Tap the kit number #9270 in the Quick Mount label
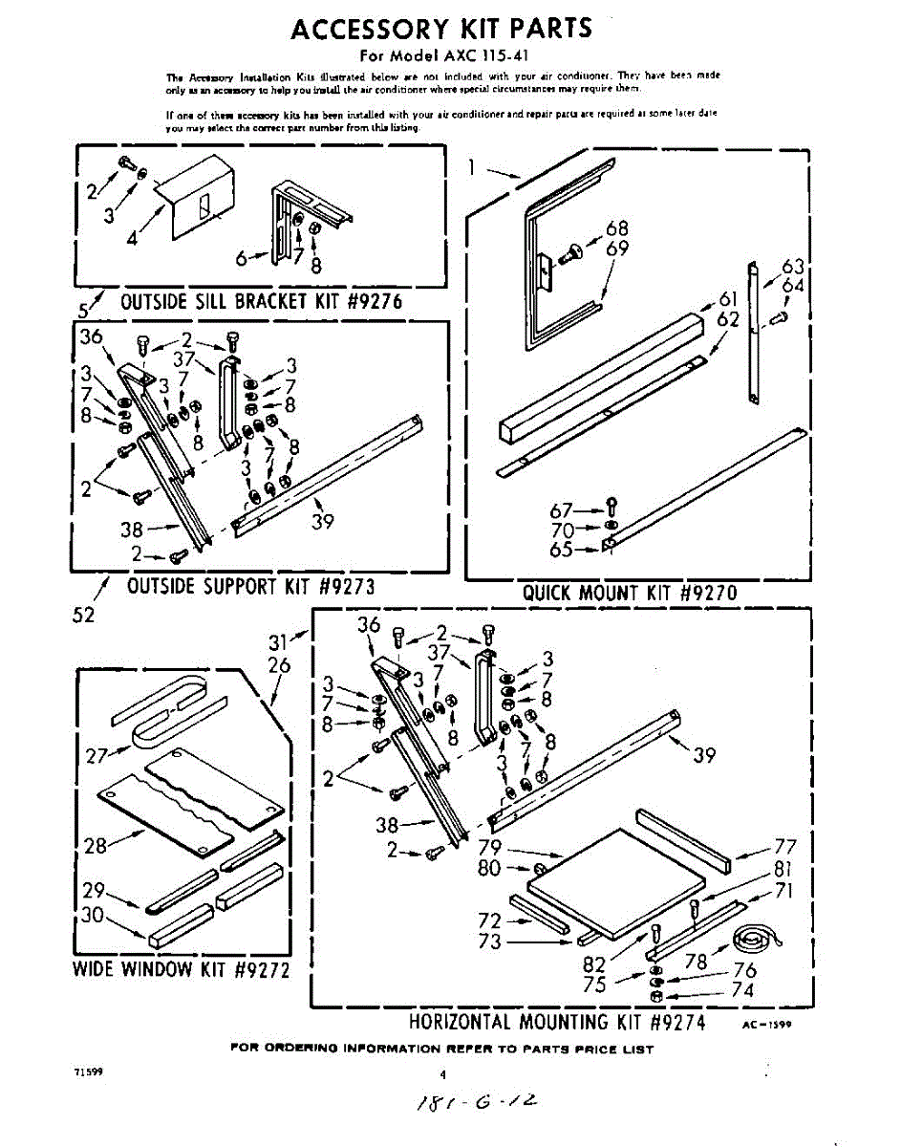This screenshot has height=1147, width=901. [x=708, y=593]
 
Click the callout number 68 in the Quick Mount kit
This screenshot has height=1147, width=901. [x=617, y=229]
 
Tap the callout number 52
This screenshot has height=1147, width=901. [x=84, y=616]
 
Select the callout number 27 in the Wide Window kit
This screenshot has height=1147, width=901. [x=95, y=756]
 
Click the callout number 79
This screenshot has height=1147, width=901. [x=489, y=847]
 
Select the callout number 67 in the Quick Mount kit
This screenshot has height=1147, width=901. [x=560, y=511]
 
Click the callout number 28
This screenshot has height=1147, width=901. [x=95, y=844]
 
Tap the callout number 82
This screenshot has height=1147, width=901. [x=594, y=964]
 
